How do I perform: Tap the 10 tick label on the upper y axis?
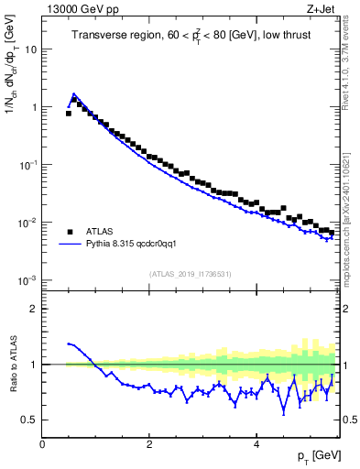[31, 49]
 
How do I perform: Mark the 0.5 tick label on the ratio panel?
[29, 420]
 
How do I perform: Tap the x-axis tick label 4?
[256, 443]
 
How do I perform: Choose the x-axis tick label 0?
[42, 443]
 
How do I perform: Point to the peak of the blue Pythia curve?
[74, 93]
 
